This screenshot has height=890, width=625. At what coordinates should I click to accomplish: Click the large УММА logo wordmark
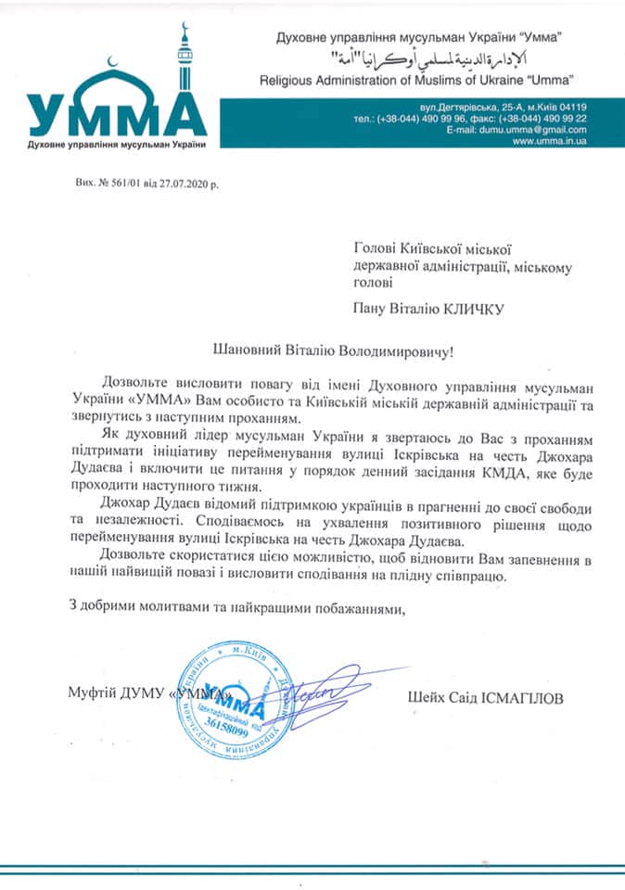117,116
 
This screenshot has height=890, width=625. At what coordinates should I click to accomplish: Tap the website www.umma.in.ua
549,142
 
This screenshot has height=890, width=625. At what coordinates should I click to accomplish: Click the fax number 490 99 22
555,119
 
